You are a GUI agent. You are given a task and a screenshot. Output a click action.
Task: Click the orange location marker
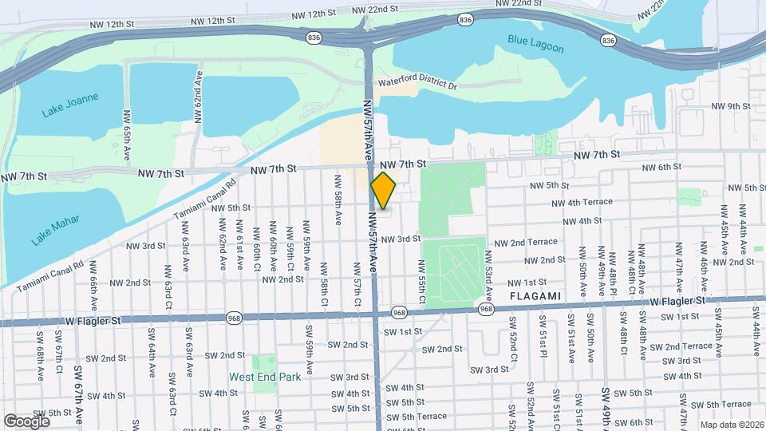click(384, 190)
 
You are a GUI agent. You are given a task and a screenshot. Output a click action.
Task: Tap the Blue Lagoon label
click(535, 43)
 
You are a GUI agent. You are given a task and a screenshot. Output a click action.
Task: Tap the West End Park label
click(266, 377)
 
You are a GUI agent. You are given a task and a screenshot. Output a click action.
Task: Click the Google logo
click(26, 421)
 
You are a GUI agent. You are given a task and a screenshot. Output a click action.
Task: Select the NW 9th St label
click(731, 106)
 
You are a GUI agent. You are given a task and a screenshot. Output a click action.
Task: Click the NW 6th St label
click(660, 167)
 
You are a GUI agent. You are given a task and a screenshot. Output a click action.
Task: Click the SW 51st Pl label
click(543, 335)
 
